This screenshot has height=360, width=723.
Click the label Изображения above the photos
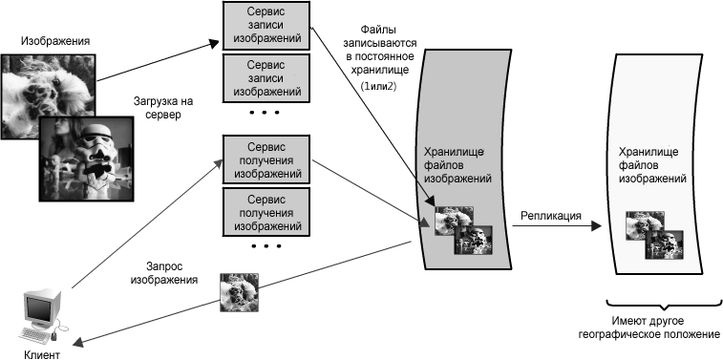click(x=55, y=41)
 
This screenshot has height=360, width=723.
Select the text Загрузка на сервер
click(x=158, y=107)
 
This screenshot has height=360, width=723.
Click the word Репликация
click(x=550, y=215)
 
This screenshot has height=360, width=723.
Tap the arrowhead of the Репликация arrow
click(x=597, y=226)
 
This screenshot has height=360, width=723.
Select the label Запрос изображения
click(x=164, y=273)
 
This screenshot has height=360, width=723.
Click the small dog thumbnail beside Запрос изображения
click(x=239, y=293)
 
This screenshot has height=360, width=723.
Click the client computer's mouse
click(x=53, y=336)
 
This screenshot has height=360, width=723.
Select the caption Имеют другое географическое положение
click(x=649, y=328)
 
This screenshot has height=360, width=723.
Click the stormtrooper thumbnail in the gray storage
click(x=474, y=240)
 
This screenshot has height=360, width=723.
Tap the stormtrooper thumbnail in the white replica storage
click(x=664, y=244)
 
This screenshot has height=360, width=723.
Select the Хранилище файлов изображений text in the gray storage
click(x=457, y=165)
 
